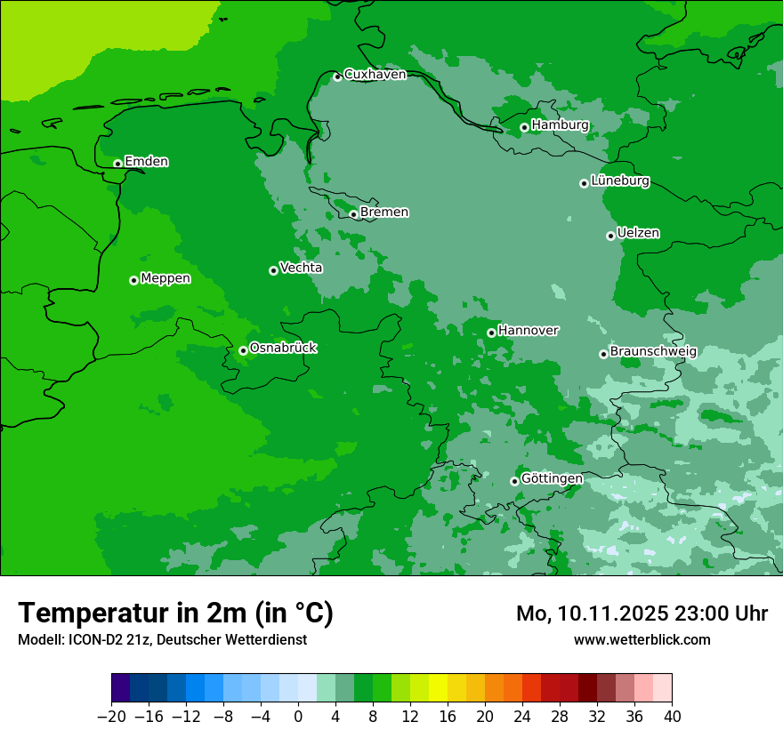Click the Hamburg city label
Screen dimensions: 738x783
(560, 125)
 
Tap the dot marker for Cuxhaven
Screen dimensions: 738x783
(337, 77)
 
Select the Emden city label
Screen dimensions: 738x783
(146, 162)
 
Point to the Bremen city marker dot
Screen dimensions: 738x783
(353, 214)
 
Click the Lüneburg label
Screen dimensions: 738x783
(619, 181)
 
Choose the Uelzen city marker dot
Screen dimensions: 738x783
(610, 236)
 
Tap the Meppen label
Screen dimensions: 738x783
(165, 278)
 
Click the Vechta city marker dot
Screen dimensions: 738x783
(273, 270)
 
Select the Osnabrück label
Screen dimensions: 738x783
(283, 348)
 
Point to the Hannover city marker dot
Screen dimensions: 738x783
(491, 333)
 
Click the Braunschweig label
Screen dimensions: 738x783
(653, 351)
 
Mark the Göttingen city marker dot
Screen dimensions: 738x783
(514, 481)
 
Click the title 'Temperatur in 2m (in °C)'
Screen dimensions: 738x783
(175, 614)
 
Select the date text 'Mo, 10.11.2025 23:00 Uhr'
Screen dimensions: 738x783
(642, 614)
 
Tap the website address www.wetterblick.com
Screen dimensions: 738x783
(642, 639)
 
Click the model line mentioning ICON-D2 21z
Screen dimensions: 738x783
(162, 639)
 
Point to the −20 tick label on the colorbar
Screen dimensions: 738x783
(111, 717)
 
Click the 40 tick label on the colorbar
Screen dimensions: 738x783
(672, 717)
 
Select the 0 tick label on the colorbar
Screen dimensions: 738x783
(298, 717)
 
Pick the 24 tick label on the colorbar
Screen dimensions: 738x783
(522, 717)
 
